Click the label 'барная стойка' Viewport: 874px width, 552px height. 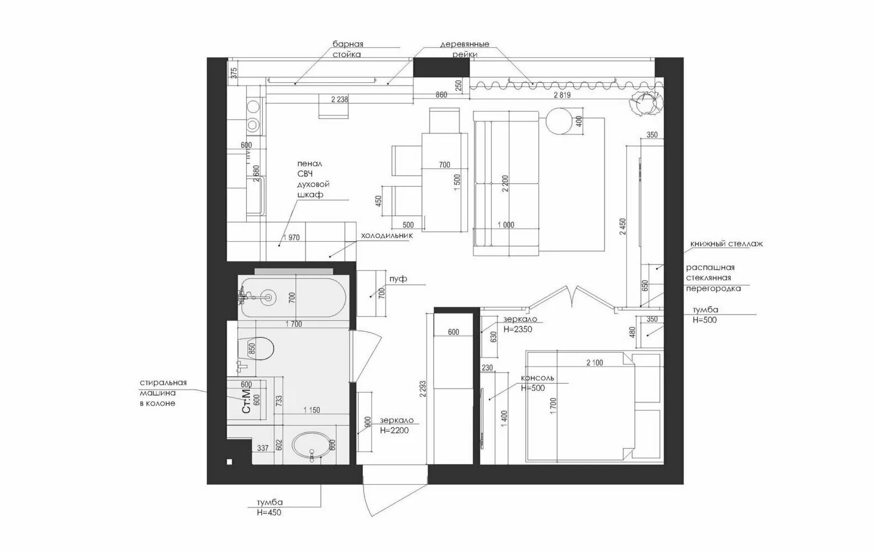click(347, 49)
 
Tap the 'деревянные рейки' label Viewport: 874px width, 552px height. click(464, 49)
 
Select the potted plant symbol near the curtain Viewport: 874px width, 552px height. click(644, 102)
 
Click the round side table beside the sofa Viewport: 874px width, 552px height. click(560, 121)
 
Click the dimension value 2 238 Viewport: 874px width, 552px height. click(339, 99)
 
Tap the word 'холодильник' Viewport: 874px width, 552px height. click(386, 236)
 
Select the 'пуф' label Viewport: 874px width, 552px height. click(398, 279)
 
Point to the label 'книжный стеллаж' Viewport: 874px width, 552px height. click(726, 243)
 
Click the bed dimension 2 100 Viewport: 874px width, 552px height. click(594, 363)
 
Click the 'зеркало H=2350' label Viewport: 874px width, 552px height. click(520, 325)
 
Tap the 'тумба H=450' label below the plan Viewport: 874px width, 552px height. click(269, 507)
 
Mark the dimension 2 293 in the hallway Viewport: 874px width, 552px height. click(423, 389)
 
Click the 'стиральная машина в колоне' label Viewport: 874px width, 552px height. click(163, 392)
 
